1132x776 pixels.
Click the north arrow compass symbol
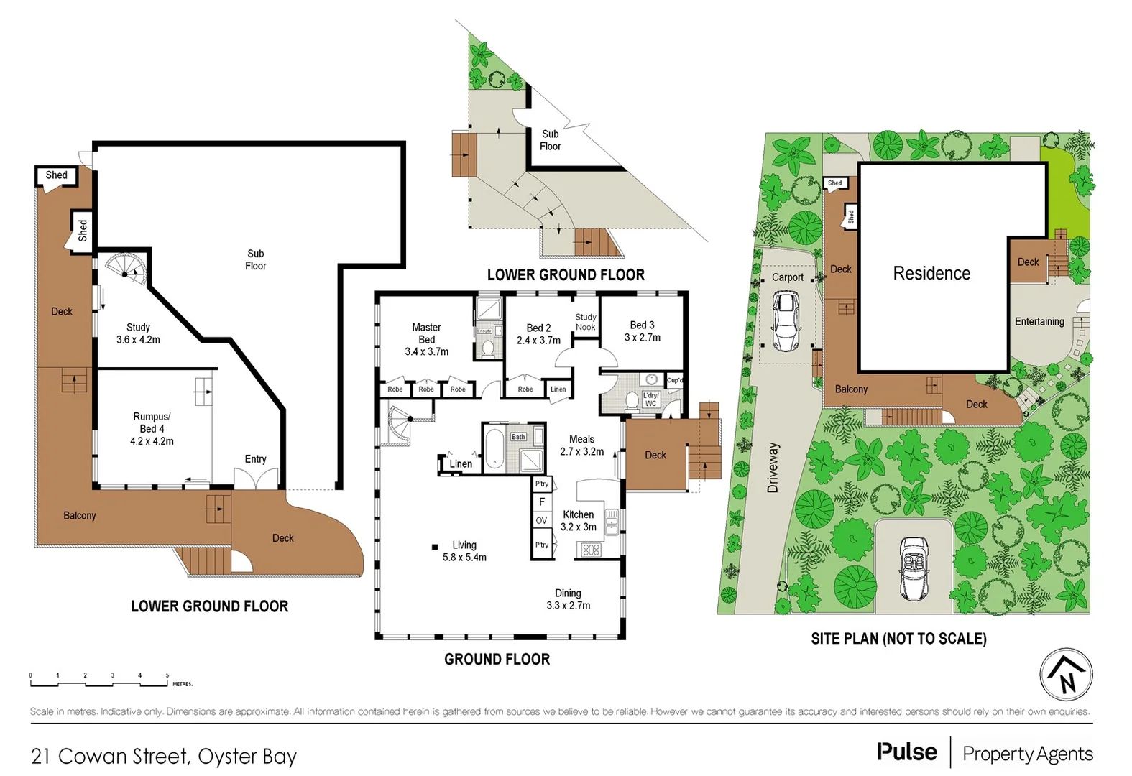click(1066, 675)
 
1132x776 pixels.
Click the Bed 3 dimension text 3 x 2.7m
click(643, 338)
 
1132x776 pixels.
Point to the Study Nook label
click(585, 322)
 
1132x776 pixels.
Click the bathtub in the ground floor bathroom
click(494, 450)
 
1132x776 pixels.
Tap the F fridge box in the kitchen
click(542, 502)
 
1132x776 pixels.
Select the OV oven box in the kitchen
click(541, 520)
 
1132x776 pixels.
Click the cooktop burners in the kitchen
click(591, 550)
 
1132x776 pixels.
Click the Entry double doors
click(255, 478)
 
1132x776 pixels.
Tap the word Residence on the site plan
click(931, 274)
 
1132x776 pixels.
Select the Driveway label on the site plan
click(773, 467)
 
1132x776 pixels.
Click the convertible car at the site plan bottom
click(914, 568)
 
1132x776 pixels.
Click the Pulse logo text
click(906, 752)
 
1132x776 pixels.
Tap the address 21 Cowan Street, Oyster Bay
click(164, 757)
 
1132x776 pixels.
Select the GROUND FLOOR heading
click(497, 659)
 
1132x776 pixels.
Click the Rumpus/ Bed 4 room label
click(152, 429)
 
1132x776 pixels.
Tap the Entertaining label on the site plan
click(1039, 322)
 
